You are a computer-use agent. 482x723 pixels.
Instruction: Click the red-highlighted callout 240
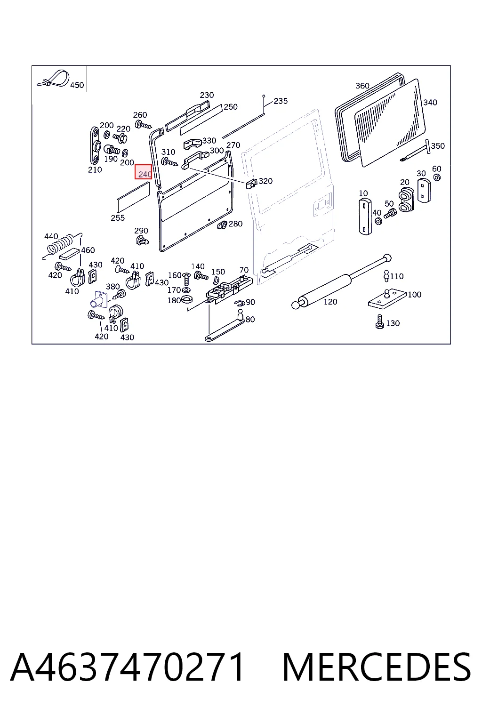[x=144, y=172]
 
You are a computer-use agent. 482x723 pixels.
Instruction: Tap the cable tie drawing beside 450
[x=54, y=79]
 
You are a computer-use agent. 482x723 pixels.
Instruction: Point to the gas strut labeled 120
[x=341, y=281]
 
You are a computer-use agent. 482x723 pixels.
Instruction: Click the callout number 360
[x=362, y=86]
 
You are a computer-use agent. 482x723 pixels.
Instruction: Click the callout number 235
[x=281, y=101]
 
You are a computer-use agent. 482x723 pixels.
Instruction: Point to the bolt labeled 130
[x=380, y=321]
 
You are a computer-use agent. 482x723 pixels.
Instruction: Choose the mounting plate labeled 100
[x=387, y=299]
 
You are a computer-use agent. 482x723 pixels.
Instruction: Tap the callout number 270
[x=233, y=145]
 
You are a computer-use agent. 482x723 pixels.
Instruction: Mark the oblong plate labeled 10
[x=365, y=217]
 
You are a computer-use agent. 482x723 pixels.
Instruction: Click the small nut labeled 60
[x=437, y=177]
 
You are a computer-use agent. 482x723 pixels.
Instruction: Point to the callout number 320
[x=265, y=181]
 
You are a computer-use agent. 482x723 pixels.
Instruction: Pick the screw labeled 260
[x=144, y=125]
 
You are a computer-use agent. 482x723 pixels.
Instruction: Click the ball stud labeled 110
[x=386, y=275]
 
